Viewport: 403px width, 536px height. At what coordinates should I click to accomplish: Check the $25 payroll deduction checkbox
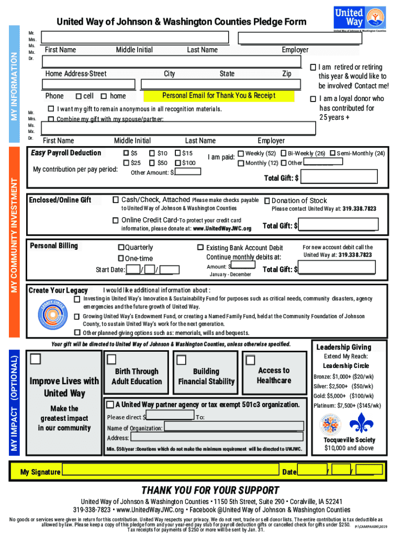point(126,163)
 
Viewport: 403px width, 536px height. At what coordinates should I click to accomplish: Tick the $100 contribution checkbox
point(178,163)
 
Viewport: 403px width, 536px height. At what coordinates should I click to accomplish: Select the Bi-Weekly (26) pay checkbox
point(283,153)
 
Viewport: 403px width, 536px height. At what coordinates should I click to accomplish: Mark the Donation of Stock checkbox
point(267,200)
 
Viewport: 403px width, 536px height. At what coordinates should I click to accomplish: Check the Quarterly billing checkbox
point(121,247)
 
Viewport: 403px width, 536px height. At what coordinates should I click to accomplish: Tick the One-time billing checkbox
point(121,258)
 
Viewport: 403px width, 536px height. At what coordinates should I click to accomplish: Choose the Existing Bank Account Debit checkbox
point(200,247)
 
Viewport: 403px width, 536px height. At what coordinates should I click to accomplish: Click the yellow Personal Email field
point(219,96)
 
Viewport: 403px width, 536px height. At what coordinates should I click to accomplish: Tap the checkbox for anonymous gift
point(51,109)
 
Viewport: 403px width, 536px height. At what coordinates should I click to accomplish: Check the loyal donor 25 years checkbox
point(312,99)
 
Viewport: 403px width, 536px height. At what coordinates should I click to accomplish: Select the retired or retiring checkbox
point(312,68)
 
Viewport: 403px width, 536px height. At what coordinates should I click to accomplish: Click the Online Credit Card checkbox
point(116,220)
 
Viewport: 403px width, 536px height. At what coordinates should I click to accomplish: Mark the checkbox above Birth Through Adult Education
point(111,359)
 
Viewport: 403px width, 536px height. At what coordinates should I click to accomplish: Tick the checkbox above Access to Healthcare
point(250,360)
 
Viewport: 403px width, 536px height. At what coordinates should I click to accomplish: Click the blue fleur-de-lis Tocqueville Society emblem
point(361,423)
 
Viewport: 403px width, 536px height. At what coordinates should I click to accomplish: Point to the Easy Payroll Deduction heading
point(65,153)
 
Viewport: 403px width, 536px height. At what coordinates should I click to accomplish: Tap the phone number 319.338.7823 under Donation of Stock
point(360,209)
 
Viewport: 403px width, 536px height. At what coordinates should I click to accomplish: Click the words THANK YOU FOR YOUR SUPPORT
point(210,490)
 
